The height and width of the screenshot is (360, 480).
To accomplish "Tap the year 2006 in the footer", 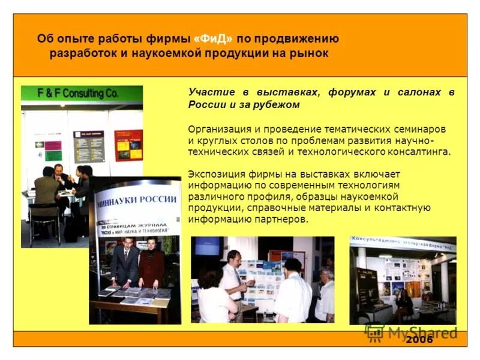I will (x=419, y=340).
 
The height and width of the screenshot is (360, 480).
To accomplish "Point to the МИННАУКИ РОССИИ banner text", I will (x=137, y=199).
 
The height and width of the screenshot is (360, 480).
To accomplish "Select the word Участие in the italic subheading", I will (x=207, y=92).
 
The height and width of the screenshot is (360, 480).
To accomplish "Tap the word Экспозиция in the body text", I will (x=214, y=174).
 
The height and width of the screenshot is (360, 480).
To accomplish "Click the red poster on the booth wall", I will (x=128, y=145).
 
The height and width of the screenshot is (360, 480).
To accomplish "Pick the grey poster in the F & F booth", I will (x=89, y=146).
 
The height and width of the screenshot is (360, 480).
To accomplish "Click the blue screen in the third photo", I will (x=207, y=247).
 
